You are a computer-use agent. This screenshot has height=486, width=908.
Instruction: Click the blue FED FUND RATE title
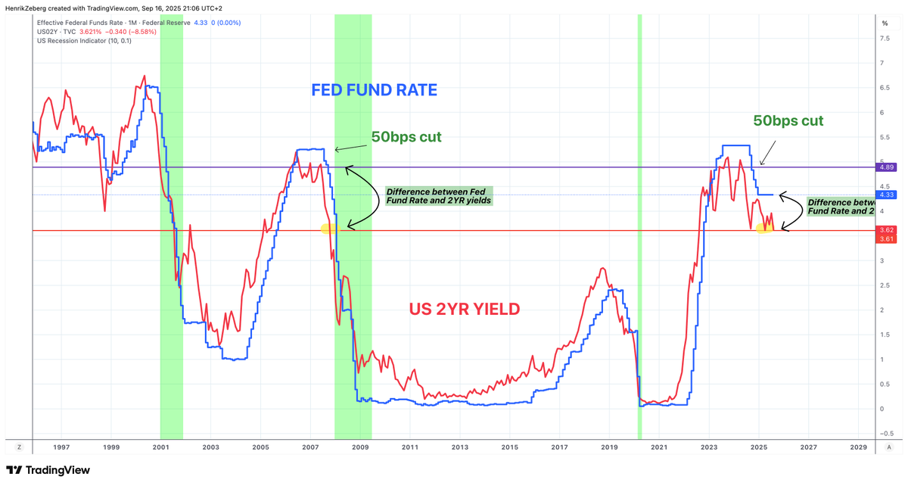point(375,90)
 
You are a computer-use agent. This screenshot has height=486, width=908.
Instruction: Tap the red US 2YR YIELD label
point(465,309)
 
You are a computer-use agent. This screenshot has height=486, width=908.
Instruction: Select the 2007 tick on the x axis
point(309,448)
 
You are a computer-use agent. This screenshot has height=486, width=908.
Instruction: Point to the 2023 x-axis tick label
point(709,448)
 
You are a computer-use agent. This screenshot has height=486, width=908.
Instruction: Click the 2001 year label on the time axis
point(160,448)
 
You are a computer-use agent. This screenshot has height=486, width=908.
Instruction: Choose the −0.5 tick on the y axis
point(882,433)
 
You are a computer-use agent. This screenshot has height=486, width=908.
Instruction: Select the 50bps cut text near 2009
point(406,137)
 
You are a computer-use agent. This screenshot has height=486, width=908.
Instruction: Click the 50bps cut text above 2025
point(788,120)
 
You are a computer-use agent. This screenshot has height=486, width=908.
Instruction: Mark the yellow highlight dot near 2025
point(764,228)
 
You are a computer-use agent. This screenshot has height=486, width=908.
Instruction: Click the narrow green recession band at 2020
point(639,227)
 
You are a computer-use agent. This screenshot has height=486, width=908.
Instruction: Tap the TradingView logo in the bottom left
point(48,470)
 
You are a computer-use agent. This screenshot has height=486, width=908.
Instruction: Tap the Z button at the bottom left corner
point(20,448)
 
